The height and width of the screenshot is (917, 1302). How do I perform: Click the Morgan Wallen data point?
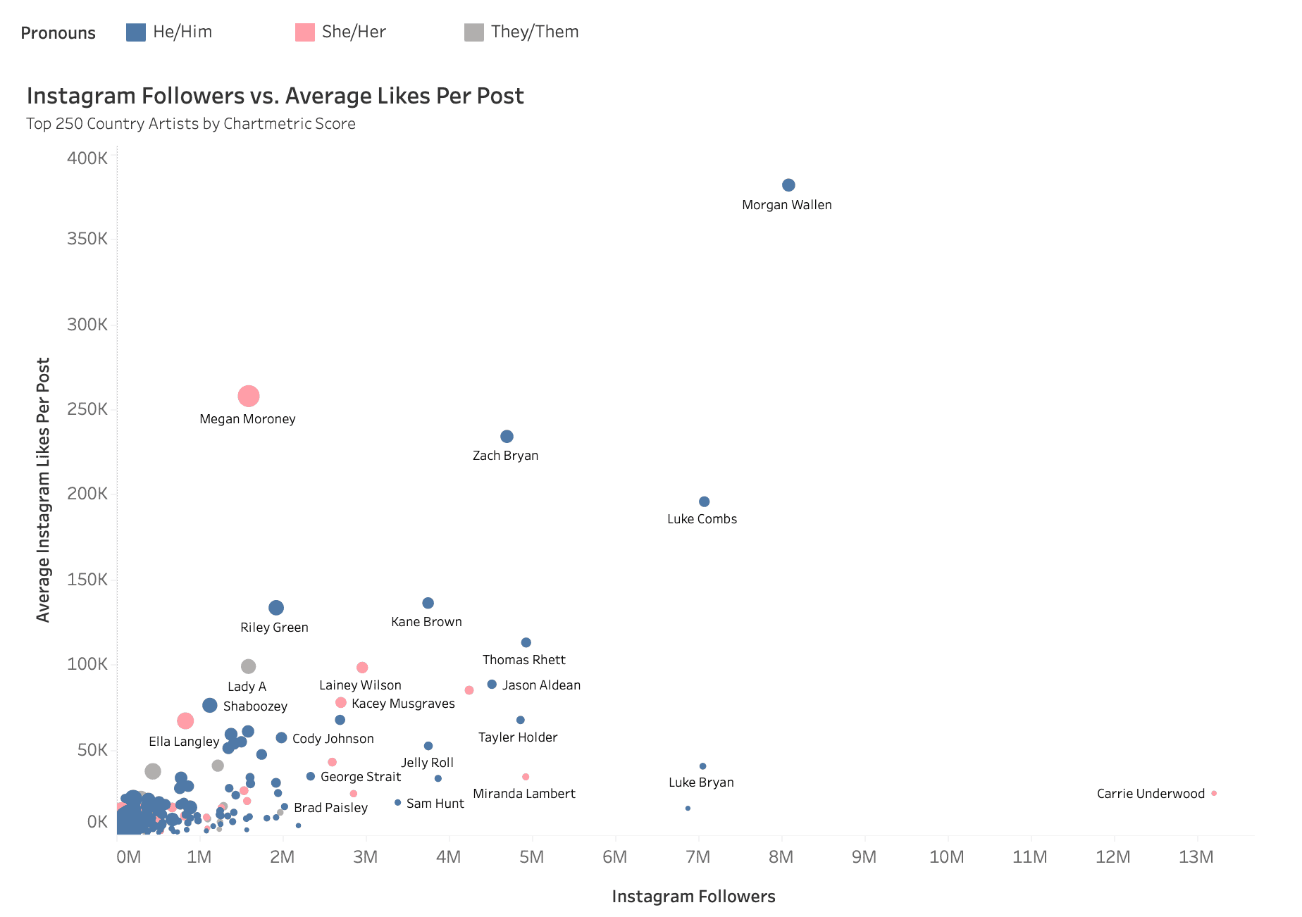[x=788, y=185]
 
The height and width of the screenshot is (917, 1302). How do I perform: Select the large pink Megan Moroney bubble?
[x=249, y=396]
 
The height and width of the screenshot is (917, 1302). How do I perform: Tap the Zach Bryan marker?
[x=507, y=437]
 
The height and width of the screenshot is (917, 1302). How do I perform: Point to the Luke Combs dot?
[x=704, y=501]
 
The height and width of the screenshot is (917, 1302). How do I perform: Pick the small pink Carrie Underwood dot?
[x=1214, y=793]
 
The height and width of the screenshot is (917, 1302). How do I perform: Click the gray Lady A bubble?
[x=248, y=666]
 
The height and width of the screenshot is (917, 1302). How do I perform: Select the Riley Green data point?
[x=276, y=608]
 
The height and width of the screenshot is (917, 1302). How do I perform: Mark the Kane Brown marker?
[x=428, y=603]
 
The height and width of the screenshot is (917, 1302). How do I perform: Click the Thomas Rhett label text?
[x=523, y=660]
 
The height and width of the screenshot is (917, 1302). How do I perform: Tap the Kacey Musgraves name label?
[x=403, y=704]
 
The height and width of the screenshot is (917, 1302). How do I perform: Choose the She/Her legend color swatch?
[x=305, y=32]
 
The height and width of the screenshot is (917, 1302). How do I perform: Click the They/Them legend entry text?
[x=535, y=32]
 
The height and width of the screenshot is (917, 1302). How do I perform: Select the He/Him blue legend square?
[x=136, y=32]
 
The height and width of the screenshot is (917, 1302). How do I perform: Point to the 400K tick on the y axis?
[x=87, y=158]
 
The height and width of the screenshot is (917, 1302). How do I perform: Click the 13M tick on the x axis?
[x=1196, y=857]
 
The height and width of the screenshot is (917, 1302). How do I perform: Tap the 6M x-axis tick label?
[x=614, y=857]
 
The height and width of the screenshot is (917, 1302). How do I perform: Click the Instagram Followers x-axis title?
[x=693, y=897]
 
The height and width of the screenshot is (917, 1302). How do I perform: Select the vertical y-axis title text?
[x=44, y=489]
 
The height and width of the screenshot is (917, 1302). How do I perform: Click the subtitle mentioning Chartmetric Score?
[x=191, y=124]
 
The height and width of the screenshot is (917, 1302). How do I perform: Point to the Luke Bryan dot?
[x=702, y=766]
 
